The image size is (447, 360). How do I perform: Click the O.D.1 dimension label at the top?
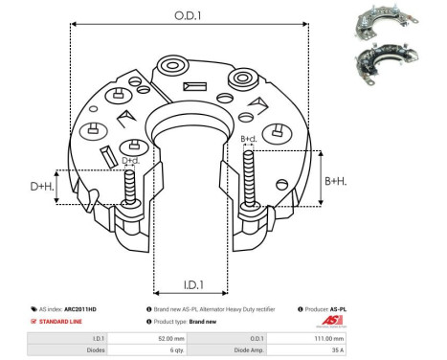pos(189,16)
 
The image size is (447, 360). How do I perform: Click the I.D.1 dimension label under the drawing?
pos(191,284)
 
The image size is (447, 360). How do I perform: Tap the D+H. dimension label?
pos(42,186)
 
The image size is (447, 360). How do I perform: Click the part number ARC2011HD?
pos(93,309)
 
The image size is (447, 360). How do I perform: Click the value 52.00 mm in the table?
pos(170,338)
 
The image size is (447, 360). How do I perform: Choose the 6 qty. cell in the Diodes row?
pos(170,350)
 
